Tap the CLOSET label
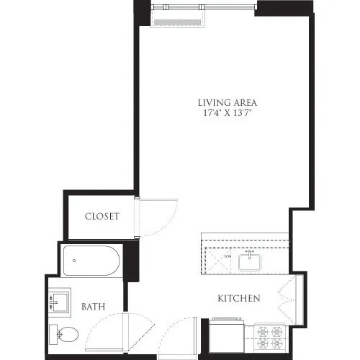tap(102, 216)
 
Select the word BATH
tap(93, 307)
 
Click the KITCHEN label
tap(239, 298)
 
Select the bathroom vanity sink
tap(59, 302)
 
